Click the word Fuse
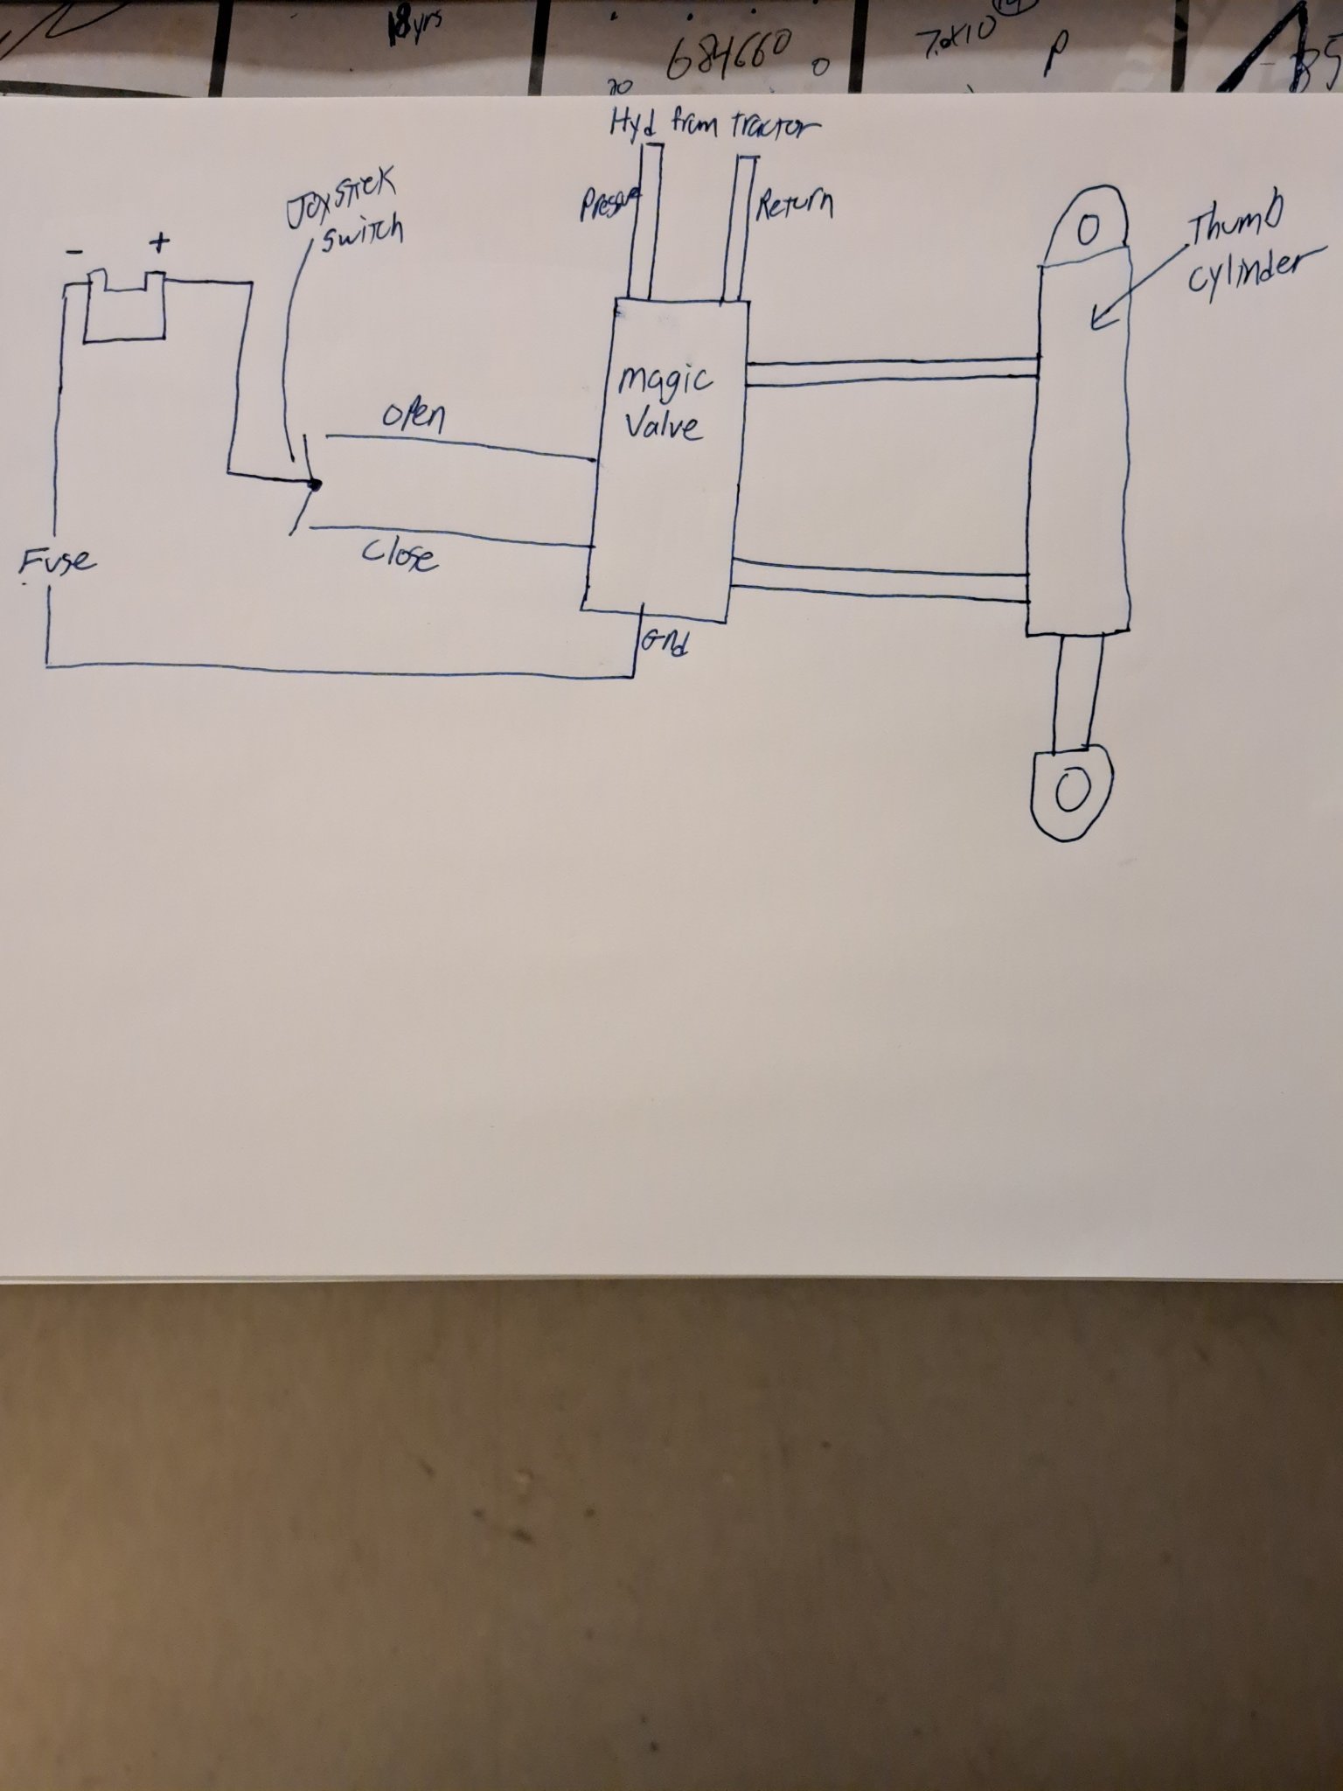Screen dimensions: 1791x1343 (58, 560)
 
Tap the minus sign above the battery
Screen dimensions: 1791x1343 (76, 251)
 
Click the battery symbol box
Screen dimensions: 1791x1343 (124, 311)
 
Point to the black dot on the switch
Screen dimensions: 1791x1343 (316, 484)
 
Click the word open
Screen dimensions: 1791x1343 (414, 418)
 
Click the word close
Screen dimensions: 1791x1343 (400, 554)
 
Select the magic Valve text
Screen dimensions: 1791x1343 (664, 403)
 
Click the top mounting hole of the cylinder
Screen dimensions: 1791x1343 (1089, 231)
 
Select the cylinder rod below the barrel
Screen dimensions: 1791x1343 (1076, 691)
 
